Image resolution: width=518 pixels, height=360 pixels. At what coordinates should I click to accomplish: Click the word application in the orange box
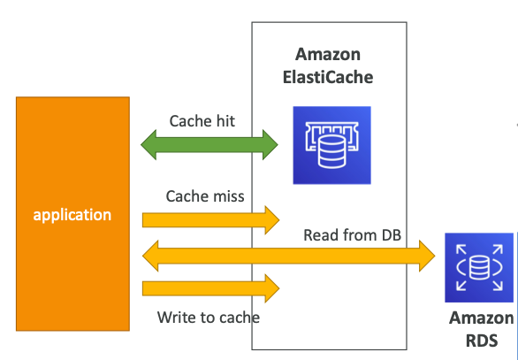tap(72, 215)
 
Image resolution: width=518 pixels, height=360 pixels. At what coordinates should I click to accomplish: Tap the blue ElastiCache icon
tap(331, 145)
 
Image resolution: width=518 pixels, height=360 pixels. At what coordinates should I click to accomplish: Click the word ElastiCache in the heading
tap(329, 77)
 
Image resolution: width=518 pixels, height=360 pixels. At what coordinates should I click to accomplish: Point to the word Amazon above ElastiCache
tap(329, 55)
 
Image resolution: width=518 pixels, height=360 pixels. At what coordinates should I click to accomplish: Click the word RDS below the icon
tap(481, 340)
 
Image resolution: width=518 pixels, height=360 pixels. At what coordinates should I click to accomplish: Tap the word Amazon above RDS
tap(481, 318)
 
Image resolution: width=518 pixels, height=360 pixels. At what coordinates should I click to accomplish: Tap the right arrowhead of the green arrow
tap(269, 144)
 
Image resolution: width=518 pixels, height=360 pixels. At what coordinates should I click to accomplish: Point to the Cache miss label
tap(205, 195)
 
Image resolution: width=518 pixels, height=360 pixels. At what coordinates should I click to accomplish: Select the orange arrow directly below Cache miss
tap(210, 218)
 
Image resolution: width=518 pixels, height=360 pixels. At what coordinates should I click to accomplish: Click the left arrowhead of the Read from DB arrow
tap(153, 257)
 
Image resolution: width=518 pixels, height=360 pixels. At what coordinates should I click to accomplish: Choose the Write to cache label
tap(209, 317)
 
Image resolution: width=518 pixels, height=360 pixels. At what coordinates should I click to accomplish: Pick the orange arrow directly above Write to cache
tap(210, 287)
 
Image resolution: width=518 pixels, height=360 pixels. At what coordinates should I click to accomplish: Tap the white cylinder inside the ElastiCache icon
tap(331, 150)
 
